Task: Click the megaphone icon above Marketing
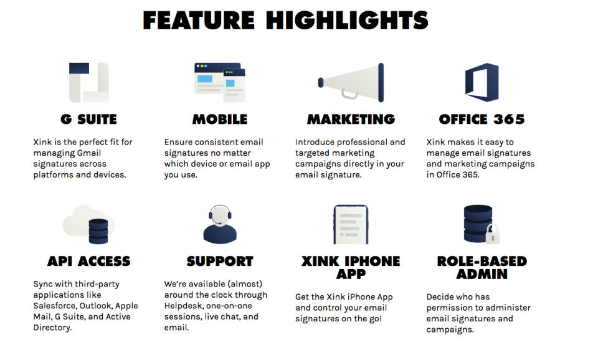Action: [x=351, y=82]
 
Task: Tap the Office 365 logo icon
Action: [x=482, y=82]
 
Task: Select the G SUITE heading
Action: [x=89, y=120]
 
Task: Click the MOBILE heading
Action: [x=220, y=120]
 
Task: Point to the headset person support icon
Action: [x=220, y=224]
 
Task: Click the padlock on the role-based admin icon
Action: [x=493, y=234]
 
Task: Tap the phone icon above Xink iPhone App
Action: [x=351, y=225]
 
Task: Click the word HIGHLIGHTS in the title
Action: [x=347, y=20]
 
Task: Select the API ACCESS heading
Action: [x=89, y=261]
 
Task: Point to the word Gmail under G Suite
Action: [x=89, y=153]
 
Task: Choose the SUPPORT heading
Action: [x=220, y=261]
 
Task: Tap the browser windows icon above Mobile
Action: [x=220, y=82]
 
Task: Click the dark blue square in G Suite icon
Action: [x=79, y=69]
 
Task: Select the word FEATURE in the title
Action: [x=199, y=20]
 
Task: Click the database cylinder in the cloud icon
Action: [x=98, y=231]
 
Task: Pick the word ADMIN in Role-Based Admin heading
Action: [x=482, y=274]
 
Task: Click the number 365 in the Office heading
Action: [x=509, y=120]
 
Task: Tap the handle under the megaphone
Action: [x=349, y=95]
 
